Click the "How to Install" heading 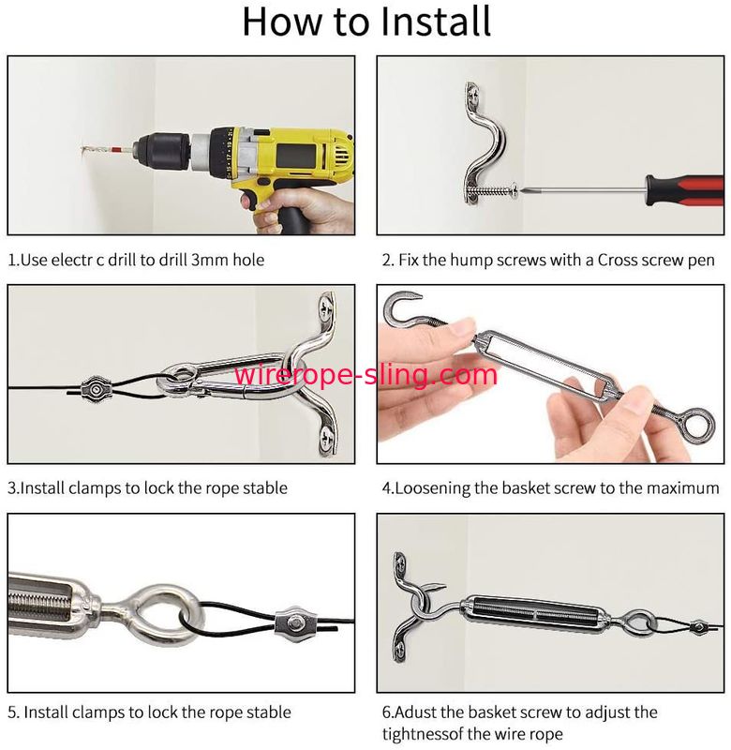366,22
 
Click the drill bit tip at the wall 83,150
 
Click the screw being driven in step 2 491,192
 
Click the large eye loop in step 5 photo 168,615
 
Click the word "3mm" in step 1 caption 209,260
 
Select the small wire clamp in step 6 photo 698,625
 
